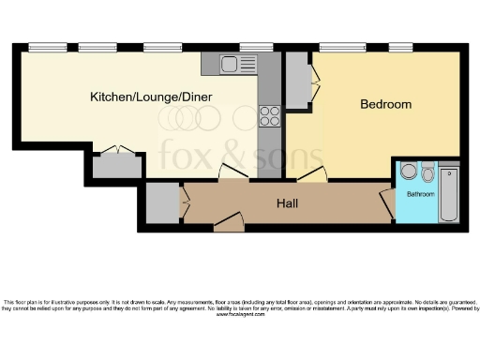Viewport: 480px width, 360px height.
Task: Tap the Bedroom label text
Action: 385,104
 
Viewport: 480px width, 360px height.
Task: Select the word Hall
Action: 287,202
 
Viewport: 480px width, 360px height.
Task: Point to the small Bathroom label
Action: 419,194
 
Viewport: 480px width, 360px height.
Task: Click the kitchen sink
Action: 231,64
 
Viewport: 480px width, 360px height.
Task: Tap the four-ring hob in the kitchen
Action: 269,115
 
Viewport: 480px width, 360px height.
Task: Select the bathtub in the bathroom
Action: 448,193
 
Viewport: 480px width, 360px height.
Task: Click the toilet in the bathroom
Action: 427,172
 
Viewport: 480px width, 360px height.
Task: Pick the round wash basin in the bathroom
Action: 408,172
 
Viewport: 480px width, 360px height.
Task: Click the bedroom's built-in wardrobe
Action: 298,82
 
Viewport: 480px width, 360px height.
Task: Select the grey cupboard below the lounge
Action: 116,166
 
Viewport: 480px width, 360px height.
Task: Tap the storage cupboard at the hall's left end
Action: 162,203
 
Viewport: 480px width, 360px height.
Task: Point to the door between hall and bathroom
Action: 386,202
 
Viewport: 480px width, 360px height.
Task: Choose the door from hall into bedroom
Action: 312,174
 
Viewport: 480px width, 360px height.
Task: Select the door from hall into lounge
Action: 232,172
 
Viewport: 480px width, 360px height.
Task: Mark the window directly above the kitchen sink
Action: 255,47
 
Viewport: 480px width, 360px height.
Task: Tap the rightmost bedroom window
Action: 400,47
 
